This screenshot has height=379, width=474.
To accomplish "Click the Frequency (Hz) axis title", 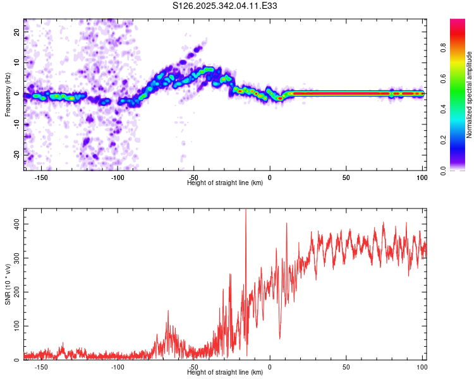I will point(7,94).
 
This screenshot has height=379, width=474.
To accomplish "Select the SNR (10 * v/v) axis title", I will point(7,284).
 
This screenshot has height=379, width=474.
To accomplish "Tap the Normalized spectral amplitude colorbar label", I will point(469,95).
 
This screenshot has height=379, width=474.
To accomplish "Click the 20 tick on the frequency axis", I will point(18,32).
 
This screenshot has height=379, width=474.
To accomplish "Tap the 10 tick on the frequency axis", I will point(18,63).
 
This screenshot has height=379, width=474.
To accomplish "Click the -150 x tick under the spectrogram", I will point(42,177).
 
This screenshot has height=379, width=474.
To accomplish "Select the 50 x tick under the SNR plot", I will point(346,367).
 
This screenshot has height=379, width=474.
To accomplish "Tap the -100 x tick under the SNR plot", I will point(118,367).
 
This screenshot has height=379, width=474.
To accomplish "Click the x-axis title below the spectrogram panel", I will point(225,183).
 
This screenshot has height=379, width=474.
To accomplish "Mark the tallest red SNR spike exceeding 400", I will point(245,212).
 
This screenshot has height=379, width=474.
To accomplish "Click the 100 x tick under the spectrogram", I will point(422,177).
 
